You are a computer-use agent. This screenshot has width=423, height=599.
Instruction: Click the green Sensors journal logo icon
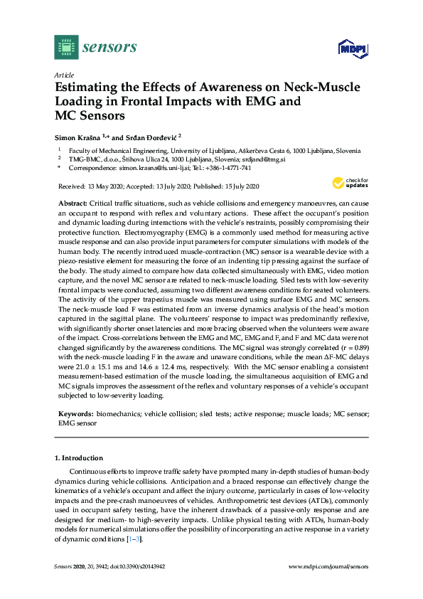coord(65,48)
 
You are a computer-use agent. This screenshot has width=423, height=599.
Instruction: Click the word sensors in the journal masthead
coord(110,48)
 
